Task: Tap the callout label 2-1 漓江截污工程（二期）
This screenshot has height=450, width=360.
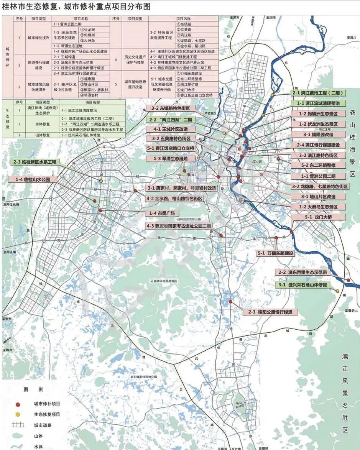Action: (318, 93)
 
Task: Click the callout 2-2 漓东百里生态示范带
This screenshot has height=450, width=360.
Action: (303, 272)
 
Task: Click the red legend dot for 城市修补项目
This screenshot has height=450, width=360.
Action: (18, 404)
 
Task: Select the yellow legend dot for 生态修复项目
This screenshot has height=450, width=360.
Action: (18, 414)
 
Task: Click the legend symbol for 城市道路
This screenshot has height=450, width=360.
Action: (18, 425)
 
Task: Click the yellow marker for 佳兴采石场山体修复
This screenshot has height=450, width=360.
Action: (337, 291)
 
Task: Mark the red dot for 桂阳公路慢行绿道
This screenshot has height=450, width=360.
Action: (230, 302)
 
